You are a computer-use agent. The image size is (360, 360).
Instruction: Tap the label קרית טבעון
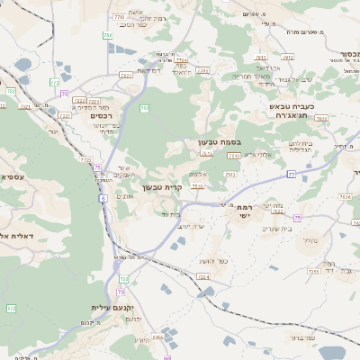click(162, 188)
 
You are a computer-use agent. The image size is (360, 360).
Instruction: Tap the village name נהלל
click(307, 240)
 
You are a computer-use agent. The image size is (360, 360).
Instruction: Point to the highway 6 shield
click(103, 197)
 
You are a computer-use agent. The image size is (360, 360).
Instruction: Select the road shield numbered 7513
click(196, 185)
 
